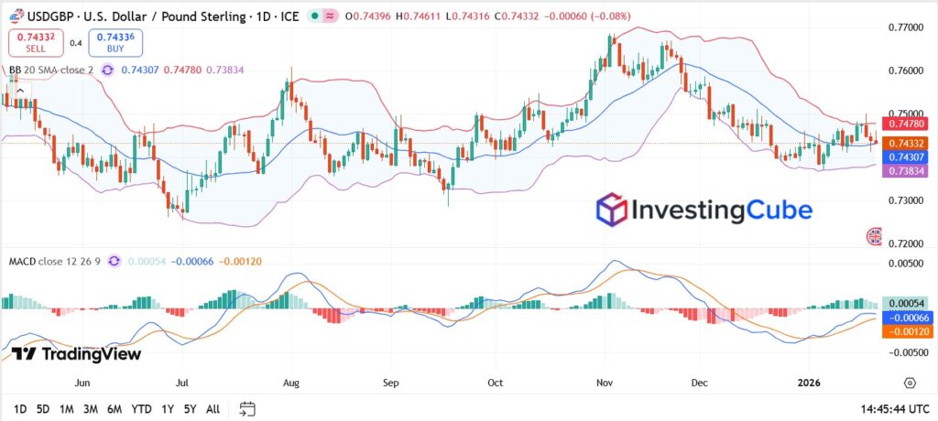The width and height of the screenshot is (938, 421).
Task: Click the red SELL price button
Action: (37, 42)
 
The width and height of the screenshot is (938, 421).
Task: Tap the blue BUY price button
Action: (115, 42)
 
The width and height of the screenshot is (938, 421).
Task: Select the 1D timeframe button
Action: (20, 408)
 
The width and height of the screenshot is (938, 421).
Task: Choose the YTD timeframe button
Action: (141, 408)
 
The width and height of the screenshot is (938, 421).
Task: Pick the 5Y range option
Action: (189, 408)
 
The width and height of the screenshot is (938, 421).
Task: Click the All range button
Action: (213, 408)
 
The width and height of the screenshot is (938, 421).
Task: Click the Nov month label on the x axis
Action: (604, 383)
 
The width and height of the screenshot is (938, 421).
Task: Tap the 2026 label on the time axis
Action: (809, 383)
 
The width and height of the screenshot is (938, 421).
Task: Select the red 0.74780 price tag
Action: (903, 124)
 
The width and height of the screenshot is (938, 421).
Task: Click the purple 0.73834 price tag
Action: (903, 172)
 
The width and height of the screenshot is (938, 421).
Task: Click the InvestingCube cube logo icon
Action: (611, 210)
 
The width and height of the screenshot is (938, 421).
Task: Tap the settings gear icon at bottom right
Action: (910, 383)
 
